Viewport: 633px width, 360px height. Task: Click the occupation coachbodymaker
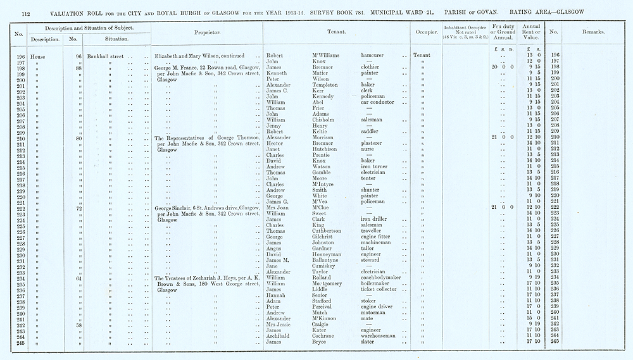[x=384, y=276]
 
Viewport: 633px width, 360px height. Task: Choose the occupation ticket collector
[x=384, y=289]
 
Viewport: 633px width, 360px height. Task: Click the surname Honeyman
[x=329, y=254]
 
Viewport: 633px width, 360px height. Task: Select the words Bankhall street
[x=107, y=55]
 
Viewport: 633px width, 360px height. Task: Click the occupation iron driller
[x=377, y=219]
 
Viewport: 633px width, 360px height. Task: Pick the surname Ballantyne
[x=330, y=259]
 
